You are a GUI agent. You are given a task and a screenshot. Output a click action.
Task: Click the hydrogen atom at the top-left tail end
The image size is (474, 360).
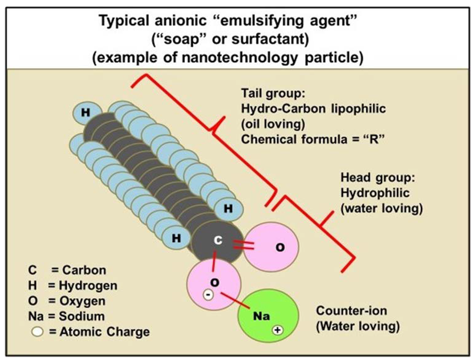(86, 112)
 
